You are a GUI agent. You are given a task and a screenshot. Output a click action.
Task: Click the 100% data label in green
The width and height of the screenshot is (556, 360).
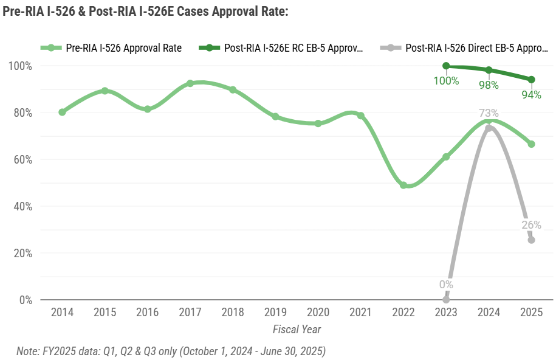coord(446,80)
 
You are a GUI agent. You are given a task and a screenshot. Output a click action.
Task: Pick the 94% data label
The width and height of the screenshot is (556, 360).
coord(530,94)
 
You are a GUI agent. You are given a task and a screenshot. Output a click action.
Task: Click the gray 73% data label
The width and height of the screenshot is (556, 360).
coord(488,113)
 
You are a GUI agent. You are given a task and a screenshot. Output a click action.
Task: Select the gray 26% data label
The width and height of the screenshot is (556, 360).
coord(531,225)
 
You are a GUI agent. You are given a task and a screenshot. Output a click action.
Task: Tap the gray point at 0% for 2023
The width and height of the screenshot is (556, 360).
coord(446,299)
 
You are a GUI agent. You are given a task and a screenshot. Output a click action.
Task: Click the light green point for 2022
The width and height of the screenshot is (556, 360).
coord(403,185)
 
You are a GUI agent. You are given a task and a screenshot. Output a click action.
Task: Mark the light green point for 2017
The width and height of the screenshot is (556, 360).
coord(190,83)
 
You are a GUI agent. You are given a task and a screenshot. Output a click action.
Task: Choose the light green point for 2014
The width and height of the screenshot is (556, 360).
coord(62,112)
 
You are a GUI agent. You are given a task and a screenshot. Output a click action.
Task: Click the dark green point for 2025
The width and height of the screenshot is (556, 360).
coord(531,80)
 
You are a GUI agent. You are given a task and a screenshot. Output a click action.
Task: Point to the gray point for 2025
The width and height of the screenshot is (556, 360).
coord(531,240)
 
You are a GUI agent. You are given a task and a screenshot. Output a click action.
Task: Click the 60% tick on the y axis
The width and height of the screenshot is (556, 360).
coord(22,160)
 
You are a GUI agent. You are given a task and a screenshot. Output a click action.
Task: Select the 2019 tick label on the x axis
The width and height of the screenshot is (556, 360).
coord(275,312)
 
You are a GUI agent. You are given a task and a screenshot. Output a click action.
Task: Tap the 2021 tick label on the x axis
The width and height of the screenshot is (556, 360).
coord(361,312)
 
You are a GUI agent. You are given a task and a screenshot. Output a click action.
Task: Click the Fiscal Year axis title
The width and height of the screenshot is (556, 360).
coord(297,329)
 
